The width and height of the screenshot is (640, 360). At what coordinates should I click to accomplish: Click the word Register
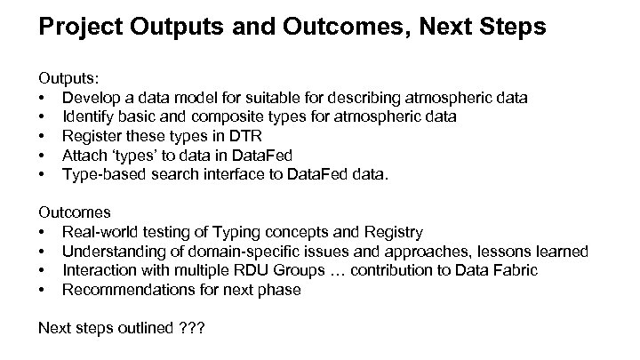pos(92,135)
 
